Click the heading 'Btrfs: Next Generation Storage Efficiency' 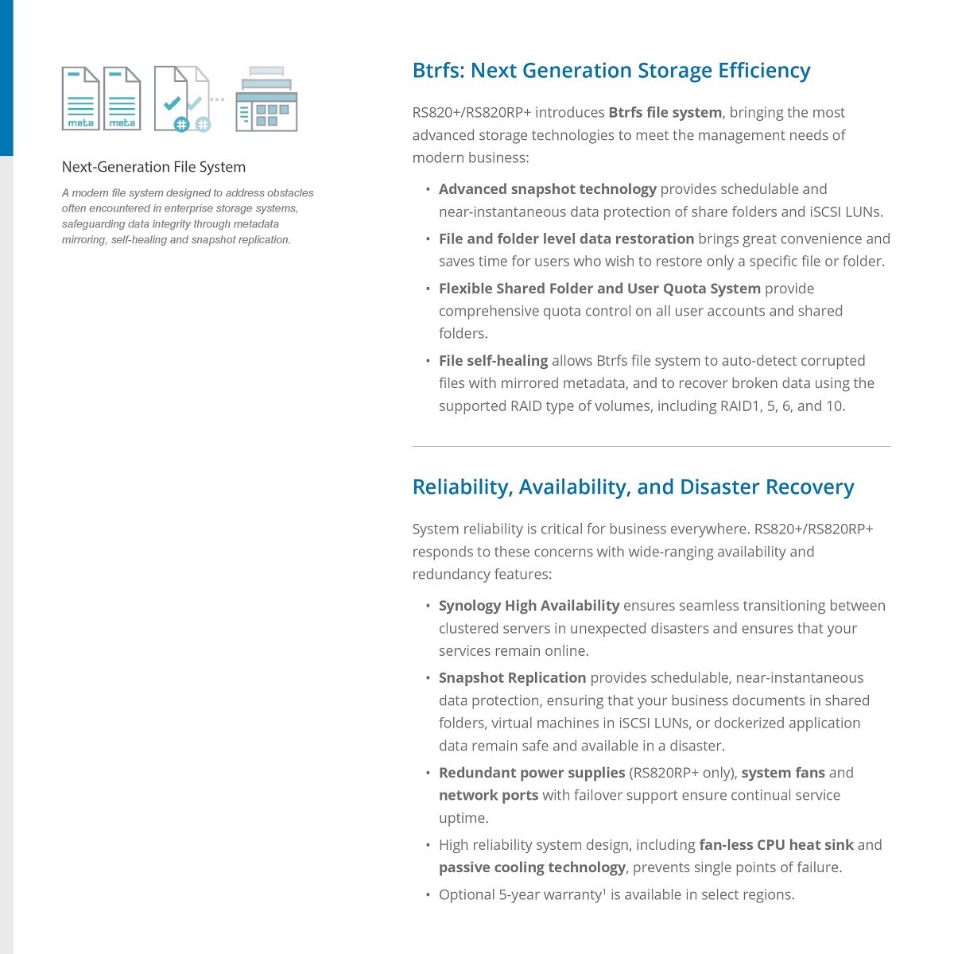pos(611,71)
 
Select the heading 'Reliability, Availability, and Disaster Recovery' pos(633,487)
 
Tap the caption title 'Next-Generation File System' pos(153,167)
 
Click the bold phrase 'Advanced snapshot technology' pos(547,189)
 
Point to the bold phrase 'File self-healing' pos(493,361)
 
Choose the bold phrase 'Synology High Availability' pos(529,606)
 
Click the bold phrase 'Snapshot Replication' pos(512,678)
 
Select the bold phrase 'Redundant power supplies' pos(531,773)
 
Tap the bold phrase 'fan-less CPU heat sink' pos(776,845)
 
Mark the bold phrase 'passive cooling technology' pos(532,867)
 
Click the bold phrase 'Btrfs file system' pos(665,113)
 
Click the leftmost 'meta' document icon pos(80,99)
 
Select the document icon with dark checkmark pos(172,99)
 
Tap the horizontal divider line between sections pos(650,447)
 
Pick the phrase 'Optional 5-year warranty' pos(521,895)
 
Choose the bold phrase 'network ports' pos(488,796)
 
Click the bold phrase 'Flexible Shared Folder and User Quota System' pos(599,289)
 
